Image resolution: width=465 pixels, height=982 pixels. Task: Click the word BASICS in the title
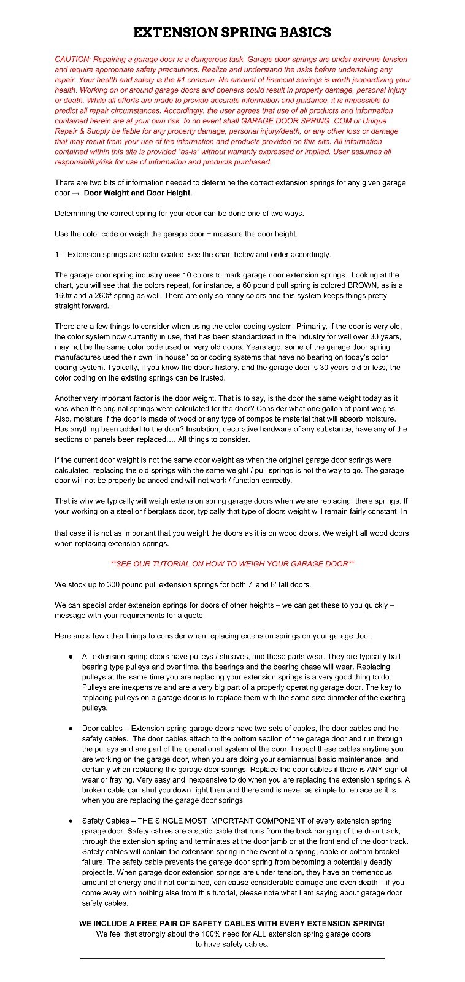[x=297, y=33]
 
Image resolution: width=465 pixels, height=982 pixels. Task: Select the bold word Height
[x=177, y=193]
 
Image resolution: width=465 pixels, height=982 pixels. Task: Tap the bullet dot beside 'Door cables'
[x=71, y=729]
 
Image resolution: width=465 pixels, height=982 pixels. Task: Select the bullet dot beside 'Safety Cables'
[x=71, y=821]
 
